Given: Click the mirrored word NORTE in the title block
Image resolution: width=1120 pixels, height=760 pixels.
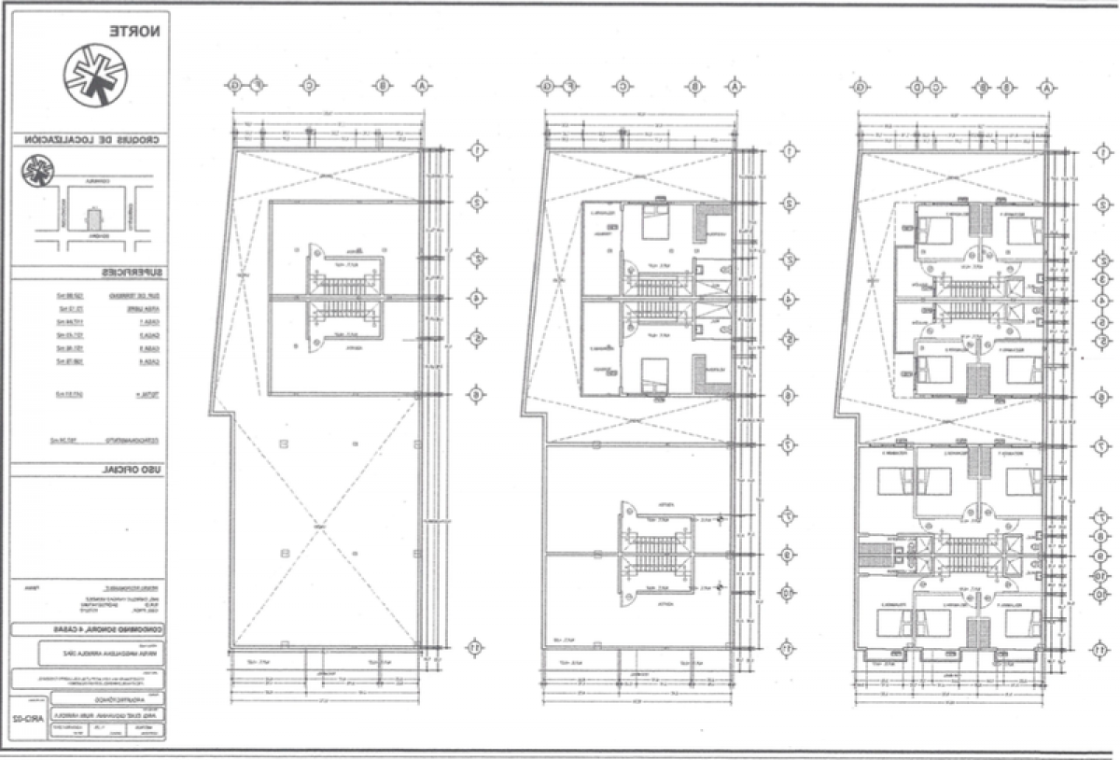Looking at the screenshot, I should point(136,30).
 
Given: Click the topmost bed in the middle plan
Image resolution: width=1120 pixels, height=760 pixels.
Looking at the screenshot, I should point(657,224).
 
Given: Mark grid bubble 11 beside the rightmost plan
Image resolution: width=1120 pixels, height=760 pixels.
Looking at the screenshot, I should point(1101,649).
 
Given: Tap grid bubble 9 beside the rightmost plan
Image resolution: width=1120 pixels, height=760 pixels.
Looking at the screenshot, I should point(1101,555).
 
